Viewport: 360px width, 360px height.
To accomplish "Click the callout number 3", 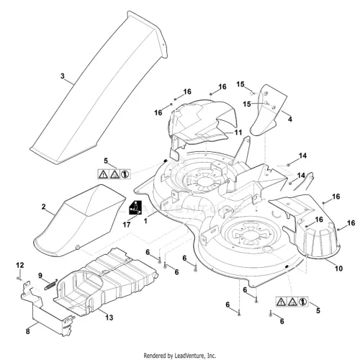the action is pyautogui.click(x=63, y=76).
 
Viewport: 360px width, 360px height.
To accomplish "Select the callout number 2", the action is pyautogui.click(x=43, y=207).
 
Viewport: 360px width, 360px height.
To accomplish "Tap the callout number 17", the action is pyautogui.click(x=127, y=225).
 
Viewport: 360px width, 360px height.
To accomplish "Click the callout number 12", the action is pyautogui.click(x=20, y=265).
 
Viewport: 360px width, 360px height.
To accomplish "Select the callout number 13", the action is pyautogui.click(x=109, y=318).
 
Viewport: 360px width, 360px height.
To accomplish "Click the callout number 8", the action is pyautogui.click(x=28, y=331).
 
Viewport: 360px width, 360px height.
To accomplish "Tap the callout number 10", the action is pyautogui.click(x=338, y=269).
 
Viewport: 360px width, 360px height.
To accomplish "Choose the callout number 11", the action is pyautogui.click(x=238, y=132).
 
